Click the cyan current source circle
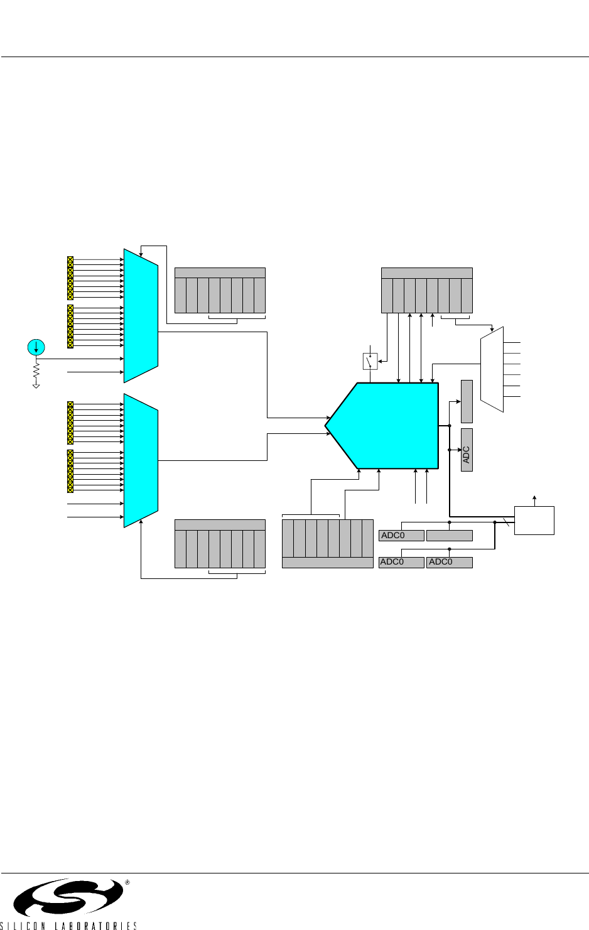36,346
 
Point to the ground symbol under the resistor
36,385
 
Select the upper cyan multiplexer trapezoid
141,315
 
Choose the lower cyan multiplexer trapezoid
141,460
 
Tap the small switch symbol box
370,362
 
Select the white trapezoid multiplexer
492,369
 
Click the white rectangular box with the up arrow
534,520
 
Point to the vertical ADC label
467,455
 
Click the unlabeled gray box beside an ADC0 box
449,536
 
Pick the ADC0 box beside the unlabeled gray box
401,536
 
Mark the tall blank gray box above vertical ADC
467,401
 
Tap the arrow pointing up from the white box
534,497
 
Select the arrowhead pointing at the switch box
381,361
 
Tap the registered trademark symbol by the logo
127,882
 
